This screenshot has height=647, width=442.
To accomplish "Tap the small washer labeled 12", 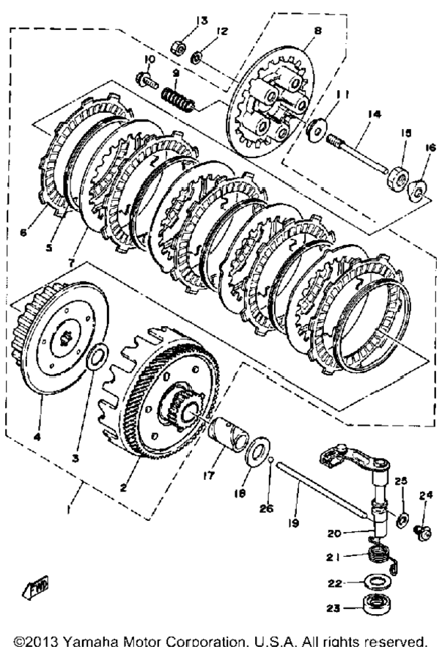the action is point(196,57).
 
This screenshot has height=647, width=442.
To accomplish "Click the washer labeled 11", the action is point(317,130).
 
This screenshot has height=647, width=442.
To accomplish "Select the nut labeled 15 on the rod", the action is point(397,178).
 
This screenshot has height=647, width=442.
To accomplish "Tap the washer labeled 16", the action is point(418,189).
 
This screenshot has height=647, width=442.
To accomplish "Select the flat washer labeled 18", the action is point(257,452).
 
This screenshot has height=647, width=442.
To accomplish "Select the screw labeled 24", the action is point(422,532).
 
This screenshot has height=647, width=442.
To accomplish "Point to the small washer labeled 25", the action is point(401,520).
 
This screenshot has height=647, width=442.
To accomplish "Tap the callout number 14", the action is point(374,113).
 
